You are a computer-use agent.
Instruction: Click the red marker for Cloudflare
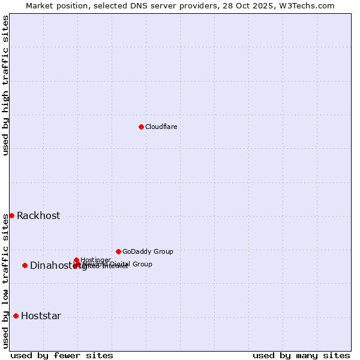point(141,127)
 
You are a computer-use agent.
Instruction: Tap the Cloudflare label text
point(161,127)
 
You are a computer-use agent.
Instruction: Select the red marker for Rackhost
point(11,215)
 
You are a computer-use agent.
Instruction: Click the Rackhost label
point(38,216)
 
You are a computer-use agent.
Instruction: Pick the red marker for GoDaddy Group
point(118,251)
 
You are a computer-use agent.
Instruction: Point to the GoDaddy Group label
point(148,251)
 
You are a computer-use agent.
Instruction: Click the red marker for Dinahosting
point(25,265)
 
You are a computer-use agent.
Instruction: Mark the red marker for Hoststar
point(16,316)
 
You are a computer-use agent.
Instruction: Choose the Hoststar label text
point(41,316)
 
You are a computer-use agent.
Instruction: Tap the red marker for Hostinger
point(76,260)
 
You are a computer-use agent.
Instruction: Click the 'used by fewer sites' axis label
point(62,355)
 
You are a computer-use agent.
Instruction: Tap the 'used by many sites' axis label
point(301,355)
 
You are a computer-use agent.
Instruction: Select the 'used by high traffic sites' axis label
point(5,85)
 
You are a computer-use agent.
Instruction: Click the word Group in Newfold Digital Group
point(142,264)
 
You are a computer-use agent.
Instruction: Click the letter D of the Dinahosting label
point(34,266)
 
